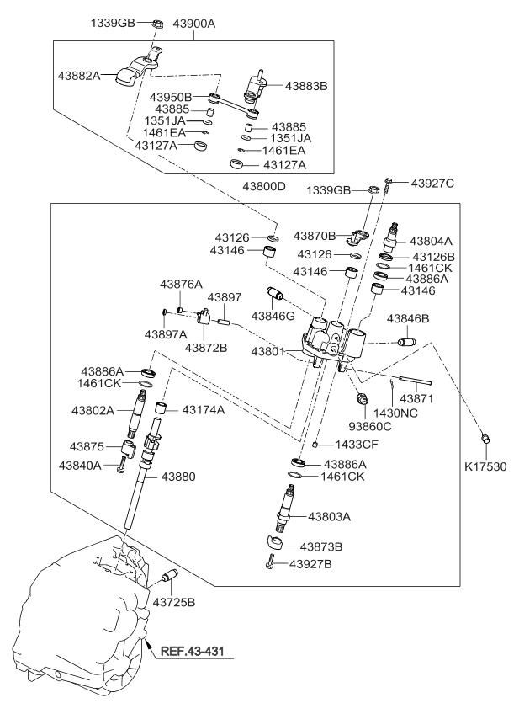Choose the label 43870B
pyautogui.click(x=314, y=235)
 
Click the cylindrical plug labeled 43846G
pyautogui.click(x=273, y=297)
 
